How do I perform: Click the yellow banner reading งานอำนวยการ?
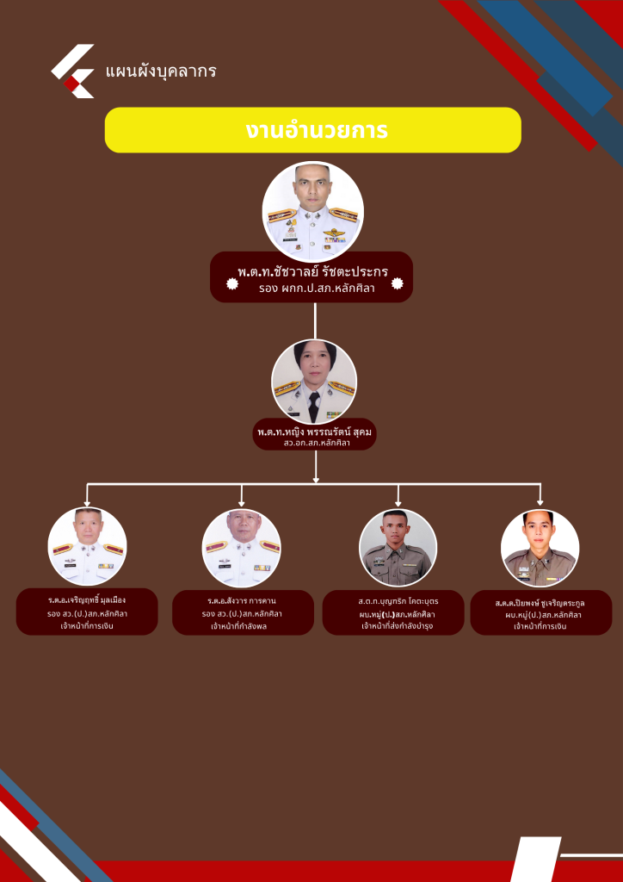click(312, 130)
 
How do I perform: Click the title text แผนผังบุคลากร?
click(160, 71)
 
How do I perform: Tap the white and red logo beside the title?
click(73, 71)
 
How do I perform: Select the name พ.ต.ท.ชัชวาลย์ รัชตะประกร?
click(312, 272)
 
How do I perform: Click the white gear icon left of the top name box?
click(231, 283)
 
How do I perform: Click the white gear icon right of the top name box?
click(397, 283)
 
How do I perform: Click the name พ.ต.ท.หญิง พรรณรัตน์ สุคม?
click(313, 431)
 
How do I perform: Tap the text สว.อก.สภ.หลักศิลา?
click(313, 443)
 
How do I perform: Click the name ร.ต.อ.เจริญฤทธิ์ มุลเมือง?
click(87, 599)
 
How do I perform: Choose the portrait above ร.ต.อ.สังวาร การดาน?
click(242, 549)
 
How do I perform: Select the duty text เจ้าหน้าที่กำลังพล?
click(242, 626)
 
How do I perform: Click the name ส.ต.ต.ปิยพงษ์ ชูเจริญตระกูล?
click(540, 603)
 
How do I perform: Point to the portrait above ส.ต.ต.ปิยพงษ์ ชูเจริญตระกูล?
click(540, 549)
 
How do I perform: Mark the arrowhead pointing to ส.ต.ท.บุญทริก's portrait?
click(398, 501)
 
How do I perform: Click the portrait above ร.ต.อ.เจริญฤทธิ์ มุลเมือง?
click(87, 547)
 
